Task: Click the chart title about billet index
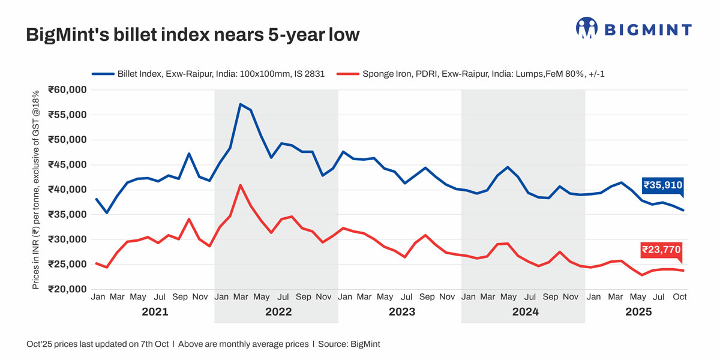[x=193, y=35]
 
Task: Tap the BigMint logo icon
[x=586, y=28]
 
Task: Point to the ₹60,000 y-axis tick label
[x=68, y=90]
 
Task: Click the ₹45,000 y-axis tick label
[x=68, y=165]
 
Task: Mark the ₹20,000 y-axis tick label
[x=68, y=289]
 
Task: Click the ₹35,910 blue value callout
[x=662, y=185]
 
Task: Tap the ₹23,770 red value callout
[x=661, y=250]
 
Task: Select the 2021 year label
[x=155, y=313]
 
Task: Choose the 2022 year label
[x=278, y=313]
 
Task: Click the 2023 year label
[x=402, y=313]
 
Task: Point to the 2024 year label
[x=525, y=313]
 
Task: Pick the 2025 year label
[x=638, y=313]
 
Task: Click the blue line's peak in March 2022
[x=241, y=104]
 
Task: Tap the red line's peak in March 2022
[x=241, y=185]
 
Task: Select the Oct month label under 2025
[x=679, y=296]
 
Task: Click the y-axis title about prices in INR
[x=36, y=190]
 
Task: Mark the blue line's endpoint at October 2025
[x=682, y=210]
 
